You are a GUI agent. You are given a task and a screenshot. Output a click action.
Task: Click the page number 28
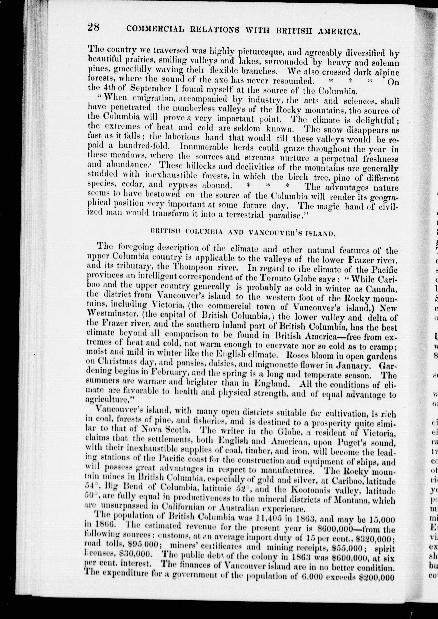[93, 27]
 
